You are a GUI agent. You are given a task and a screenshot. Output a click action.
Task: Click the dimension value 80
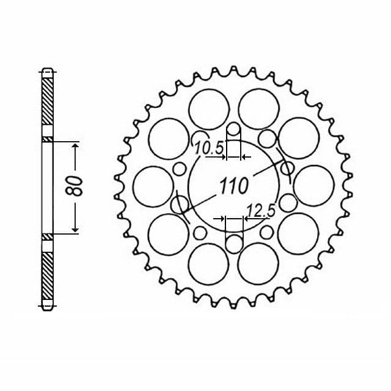coord(74,186)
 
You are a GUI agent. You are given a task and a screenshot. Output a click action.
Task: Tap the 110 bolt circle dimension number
coord(233,186)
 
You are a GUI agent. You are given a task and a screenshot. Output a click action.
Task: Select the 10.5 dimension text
coord(209,148)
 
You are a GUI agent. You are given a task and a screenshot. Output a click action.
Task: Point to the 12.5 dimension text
coord(261,210)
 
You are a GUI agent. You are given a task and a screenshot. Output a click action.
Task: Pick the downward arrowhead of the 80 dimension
coord(75,230)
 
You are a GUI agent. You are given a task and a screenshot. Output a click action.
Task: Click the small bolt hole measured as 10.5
coord(233,129)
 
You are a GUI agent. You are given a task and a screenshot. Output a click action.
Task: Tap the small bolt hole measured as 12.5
coord(234,243)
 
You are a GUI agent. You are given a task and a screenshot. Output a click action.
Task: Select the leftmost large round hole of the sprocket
coord(153,186)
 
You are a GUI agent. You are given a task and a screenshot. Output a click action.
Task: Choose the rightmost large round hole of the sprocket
coord(314,186)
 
